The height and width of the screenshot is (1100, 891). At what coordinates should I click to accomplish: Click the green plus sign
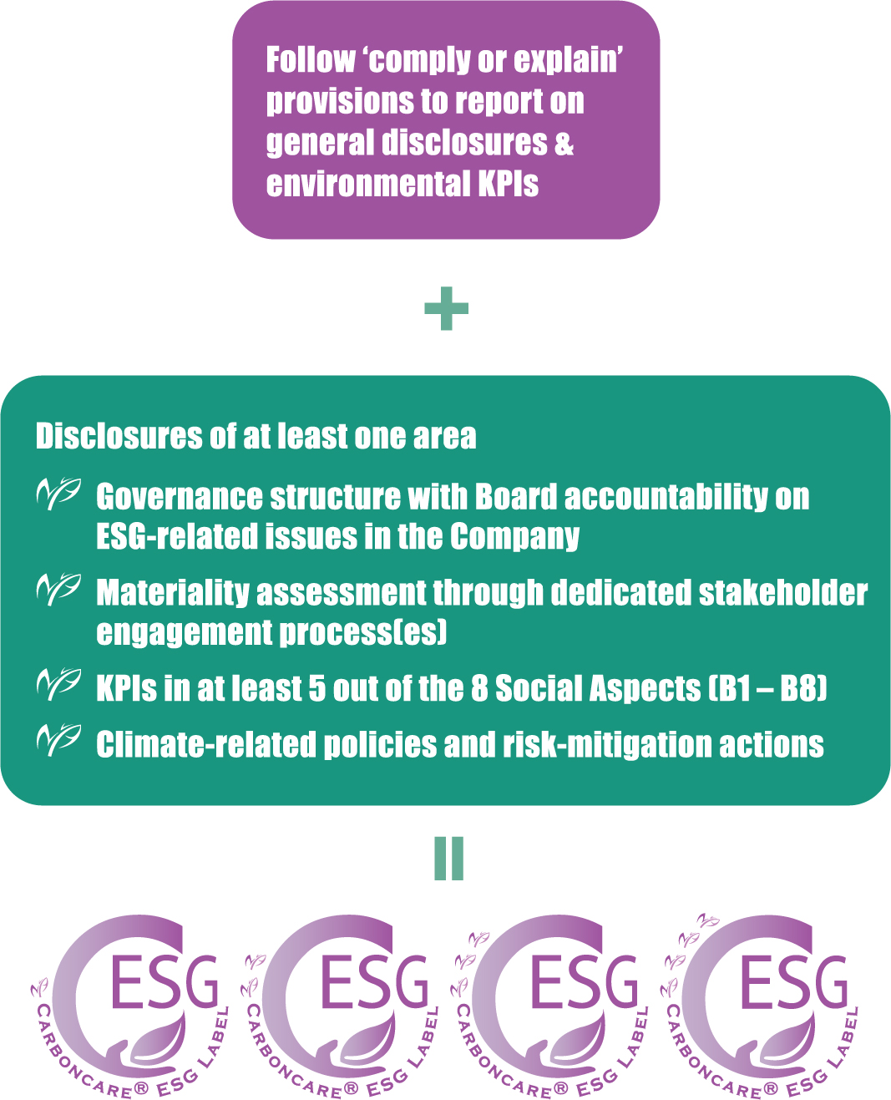point(446,308)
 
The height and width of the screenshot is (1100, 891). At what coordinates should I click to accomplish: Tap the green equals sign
point(448,859)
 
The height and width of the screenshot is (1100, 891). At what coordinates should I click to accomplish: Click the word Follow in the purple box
point(311,59)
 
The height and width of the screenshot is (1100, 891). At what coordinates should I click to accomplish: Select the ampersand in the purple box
point(564,142)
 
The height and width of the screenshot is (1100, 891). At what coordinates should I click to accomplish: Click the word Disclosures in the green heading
point(119,436)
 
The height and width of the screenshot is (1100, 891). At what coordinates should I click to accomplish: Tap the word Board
point(516,497)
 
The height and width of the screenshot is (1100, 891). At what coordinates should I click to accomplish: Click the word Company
point(514,538)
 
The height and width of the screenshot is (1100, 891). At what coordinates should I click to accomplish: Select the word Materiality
point(174,592)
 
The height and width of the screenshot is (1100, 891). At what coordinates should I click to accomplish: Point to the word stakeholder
point(783,592)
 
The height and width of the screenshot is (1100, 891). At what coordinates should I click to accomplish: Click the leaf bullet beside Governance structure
point(58,494)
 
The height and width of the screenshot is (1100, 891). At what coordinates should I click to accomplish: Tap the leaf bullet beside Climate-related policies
point(58,741)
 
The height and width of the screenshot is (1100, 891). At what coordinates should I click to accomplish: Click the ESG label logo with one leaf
point(129,1007)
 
